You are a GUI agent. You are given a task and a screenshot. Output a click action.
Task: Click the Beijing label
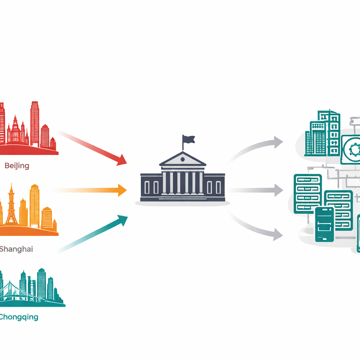(17, 166)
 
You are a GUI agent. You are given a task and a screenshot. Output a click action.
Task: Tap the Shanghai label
(16, 249)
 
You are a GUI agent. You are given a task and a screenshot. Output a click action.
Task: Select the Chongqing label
(19, 317)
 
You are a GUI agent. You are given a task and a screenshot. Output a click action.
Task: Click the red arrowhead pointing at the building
(122, 160)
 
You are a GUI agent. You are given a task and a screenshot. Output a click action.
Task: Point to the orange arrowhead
(122, 190)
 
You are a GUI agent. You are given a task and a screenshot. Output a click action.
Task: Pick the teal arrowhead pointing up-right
(123, 220)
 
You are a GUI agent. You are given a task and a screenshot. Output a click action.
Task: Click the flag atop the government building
(188, 139)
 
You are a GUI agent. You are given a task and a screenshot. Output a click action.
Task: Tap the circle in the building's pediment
(182, 159)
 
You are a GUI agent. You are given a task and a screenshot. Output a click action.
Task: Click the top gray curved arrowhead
(278, 142)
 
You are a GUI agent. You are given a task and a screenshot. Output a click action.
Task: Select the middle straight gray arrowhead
(279, 190)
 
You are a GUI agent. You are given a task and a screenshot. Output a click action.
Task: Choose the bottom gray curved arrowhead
(278, 234)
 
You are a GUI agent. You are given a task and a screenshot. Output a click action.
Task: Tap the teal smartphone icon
(324, 224)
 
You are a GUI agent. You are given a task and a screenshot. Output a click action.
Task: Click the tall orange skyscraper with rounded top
(34, 205)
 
